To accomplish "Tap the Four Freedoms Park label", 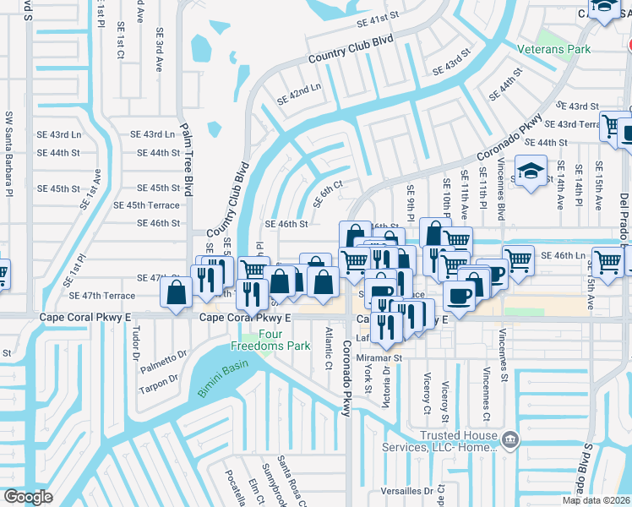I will point(259,340).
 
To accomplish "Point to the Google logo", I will point(28,497).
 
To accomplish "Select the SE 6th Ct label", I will point(328,194).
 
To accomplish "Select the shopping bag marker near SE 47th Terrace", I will point(177,293).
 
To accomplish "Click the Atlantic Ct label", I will point(327,350).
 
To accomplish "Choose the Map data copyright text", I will point(597,500).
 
